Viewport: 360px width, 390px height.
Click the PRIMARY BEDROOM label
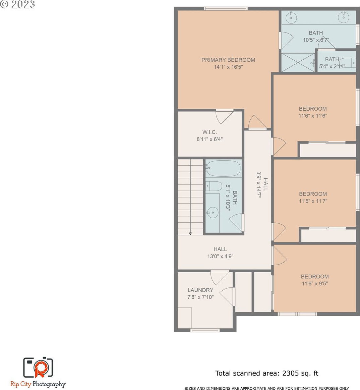228,60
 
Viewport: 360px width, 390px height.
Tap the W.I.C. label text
209,132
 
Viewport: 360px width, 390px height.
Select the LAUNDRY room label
200,290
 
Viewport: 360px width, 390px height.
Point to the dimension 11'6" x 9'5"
315,284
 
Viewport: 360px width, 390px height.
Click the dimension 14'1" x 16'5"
228,67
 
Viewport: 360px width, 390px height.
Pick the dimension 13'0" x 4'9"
220,256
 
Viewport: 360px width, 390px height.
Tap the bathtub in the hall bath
223,168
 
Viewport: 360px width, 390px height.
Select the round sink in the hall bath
213,213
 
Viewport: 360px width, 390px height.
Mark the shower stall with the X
298,62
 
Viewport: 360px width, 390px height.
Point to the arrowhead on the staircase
190,233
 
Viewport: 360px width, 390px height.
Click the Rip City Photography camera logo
38,367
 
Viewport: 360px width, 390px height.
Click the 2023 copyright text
17,4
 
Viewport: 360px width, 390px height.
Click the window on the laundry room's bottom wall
205,330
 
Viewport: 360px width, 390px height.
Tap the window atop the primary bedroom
226,8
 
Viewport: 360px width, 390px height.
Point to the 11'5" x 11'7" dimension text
313,201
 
